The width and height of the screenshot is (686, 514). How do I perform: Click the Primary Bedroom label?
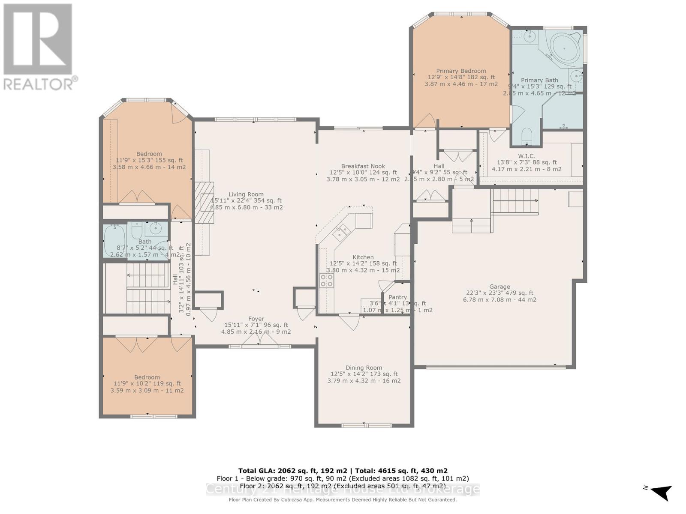tap(461, 71)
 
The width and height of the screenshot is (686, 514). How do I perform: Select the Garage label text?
tap(499, 287)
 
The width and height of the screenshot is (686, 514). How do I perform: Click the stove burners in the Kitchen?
tap(327, 280)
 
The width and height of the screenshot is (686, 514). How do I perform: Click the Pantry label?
tap(397, 297)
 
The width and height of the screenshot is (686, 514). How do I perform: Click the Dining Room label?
tap(364, 368)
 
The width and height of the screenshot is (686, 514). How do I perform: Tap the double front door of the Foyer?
tap(259, 340)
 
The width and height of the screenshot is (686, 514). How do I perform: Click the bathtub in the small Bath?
tap(114, 241)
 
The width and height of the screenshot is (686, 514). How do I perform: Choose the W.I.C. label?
tap(527, 156)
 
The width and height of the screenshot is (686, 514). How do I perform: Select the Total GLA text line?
tap(343, 470)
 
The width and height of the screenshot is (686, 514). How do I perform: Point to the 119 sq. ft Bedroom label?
tap(147, 377)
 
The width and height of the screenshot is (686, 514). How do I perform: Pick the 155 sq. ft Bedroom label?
tap(149, 154)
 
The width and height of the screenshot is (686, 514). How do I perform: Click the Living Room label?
tap(246, 194)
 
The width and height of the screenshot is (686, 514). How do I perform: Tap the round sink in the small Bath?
tap(153, 230)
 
